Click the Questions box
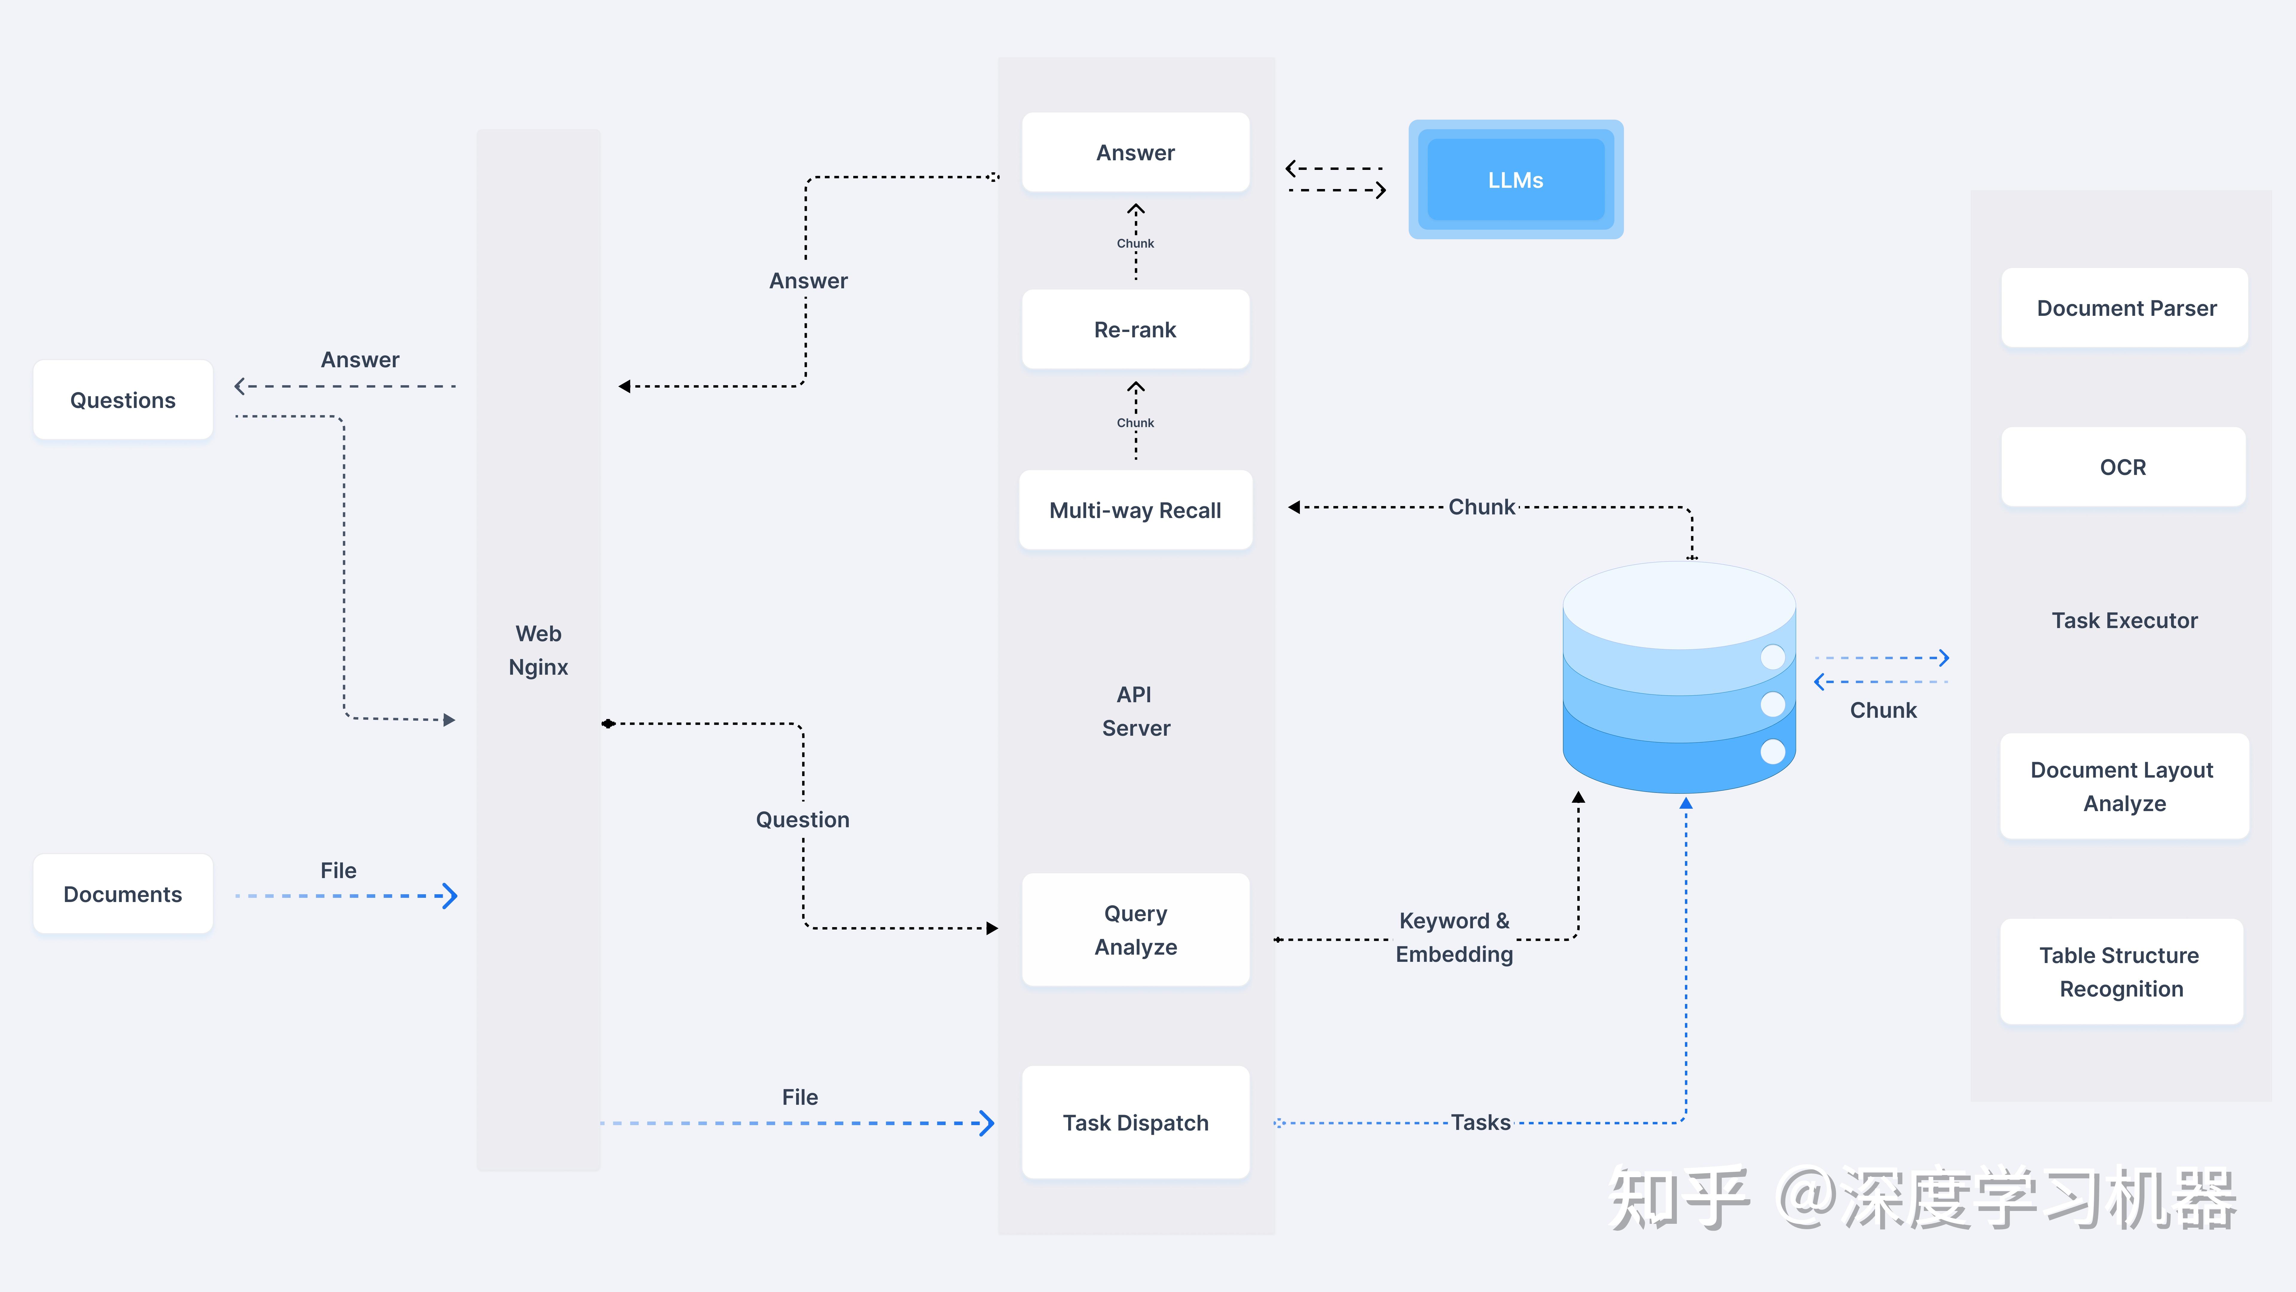(123, 400)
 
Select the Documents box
(123, 894)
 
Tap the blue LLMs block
(1515, 180)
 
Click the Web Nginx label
(538, 650)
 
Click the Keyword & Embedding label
(1454, 937)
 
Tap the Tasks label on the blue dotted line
(1480, 1123)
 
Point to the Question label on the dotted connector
(802, 819)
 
